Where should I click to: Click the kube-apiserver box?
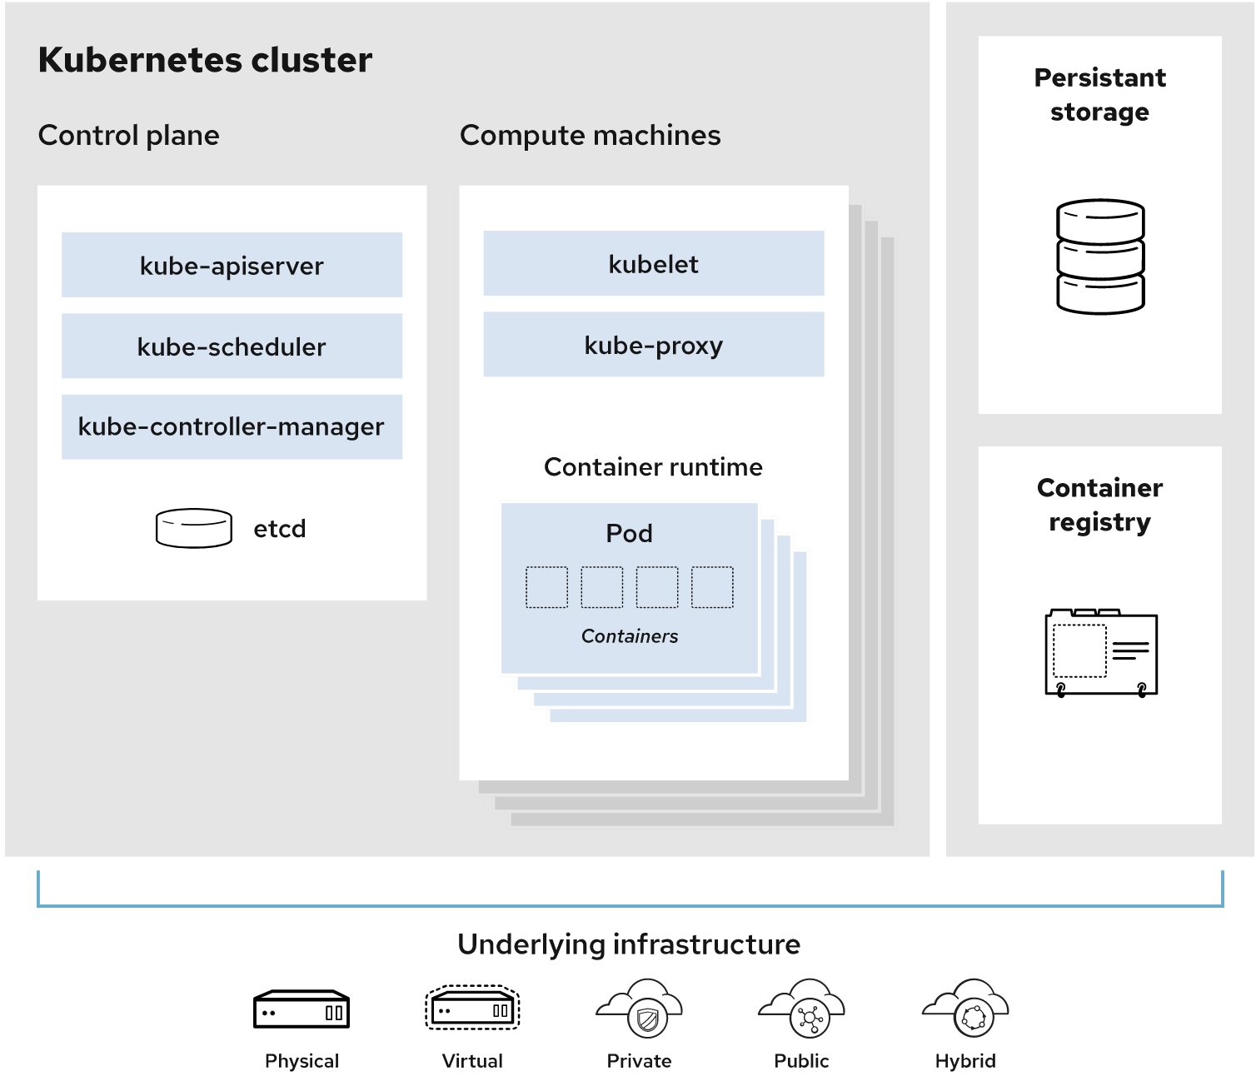click(x=232, y=265)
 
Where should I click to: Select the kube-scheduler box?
click(x=232, y=346)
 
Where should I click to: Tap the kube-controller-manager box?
click(x=232, y=426)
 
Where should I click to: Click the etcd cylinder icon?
click(x=194, y=528)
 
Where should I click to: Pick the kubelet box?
click(x=653, y=263)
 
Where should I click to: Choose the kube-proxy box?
click(x=653, y=344)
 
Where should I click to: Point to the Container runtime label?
click(x=653, y=466)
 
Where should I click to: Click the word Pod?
click(x=629, y=533)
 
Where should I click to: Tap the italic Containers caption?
click(x=629, y=636)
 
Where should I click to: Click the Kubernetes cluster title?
click(x=205, y=60)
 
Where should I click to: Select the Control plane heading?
click(x=129, y=135)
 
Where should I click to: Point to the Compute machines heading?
click(x=590, y=135)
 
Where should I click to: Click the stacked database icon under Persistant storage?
click(x=1100, y=257)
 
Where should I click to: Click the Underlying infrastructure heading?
click(x=629, y=944)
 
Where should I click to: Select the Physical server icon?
click(x=302, y=1010)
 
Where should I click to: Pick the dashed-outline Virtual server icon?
click(x=472, y=1009)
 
